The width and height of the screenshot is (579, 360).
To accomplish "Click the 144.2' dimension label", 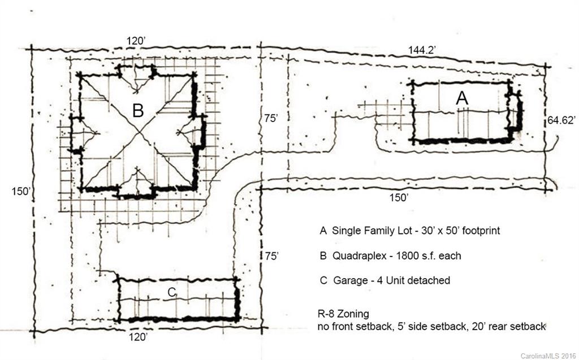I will tap(421, 50).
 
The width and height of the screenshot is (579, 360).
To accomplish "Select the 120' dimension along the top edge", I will tap(135, 41).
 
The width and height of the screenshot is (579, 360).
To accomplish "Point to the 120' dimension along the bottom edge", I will tap(139, 337).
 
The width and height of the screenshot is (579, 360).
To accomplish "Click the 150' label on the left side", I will tap(20, 191).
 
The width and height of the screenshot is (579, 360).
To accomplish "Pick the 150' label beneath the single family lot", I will tap(399, 198).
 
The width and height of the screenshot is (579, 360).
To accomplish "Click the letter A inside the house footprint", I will tap(462, 98).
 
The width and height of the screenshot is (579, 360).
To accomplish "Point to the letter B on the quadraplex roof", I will tap(137, 110).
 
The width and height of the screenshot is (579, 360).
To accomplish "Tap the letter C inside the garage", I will tap(173, 292).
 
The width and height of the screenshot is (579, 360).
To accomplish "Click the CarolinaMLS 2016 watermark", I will tap(546, 355).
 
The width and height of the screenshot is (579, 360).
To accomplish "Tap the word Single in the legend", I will tap(345, 231).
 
